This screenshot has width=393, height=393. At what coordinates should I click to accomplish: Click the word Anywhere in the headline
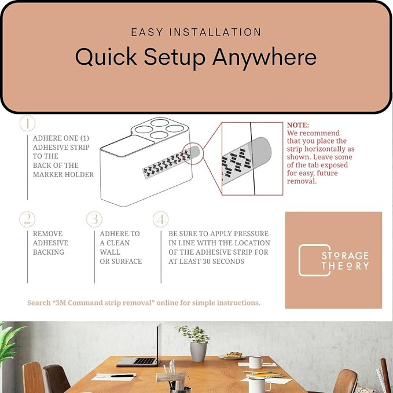point(265,57)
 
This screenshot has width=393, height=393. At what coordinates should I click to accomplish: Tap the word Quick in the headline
point(106,57)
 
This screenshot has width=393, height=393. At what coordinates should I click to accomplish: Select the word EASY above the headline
point(147,32)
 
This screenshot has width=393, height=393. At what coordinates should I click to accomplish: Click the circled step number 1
point(27,123)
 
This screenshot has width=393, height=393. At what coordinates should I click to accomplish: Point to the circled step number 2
point(27,219)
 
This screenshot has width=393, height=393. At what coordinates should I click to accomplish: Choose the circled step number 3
point(94,219)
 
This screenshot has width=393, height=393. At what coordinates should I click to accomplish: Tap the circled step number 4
point(161,219)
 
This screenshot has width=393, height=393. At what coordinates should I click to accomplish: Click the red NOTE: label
point(298,125)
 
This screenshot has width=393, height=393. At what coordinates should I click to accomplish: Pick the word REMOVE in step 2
point(47,234)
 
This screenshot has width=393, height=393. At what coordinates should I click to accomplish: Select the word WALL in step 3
point(110,252)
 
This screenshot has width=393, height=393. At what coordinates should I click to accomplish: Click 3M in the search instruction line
point(60,303)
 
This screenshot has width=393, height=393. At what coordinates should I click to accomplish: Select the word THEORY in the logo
point(346,266)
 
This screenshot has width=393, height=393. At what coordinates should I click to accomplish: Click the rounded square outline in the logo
point(299,260)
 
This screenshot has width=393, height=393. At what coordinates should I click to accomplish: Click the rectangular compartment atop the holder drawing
point(128,146)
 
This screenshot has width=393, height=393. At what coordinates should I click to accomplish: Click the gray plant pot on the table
point(198,352)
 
